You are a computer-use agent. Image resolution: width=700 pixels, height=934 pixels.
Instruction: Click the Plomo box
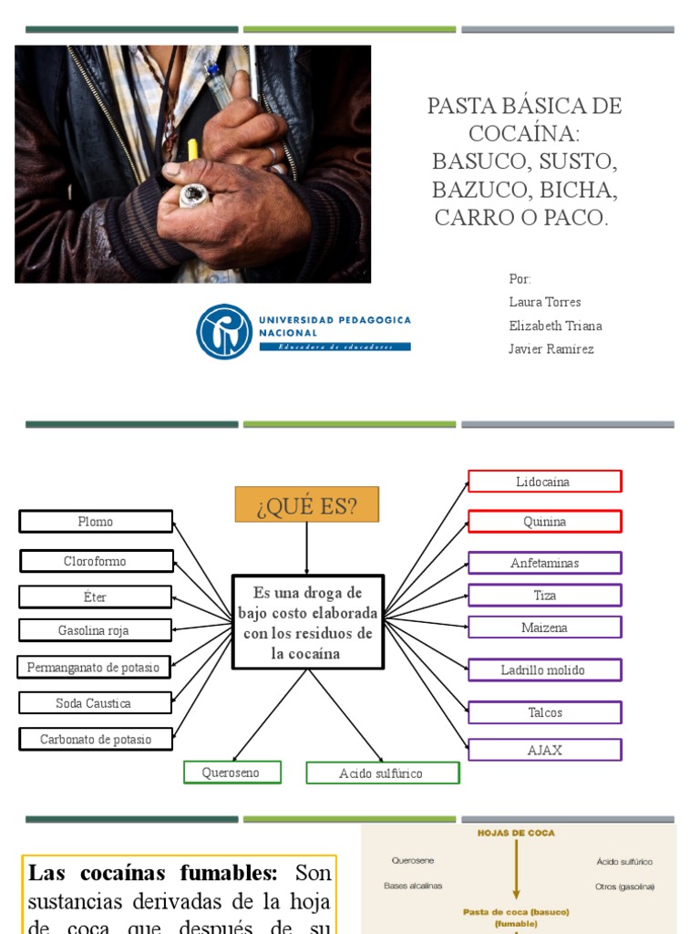click(96, 522)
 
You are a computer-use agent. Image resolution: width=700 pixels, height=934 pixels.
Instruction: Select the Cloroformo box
click(96, 561)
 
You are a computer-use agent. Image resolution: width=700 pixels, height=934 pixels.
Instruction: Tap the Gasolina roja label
click(95, 630)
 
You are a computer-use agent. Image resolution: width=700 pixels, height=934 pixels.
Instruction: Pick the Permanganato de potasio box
click(94, 668)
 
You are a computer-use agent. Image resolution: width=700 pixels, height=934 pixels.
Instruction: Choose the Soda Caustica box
click(95, 703)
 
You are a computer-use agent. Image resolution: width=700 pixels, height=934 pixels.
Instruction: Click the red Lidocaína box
click(544, 482)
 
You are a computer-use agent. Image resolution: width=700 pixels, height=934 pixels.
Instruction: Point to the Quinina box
click(544, 522)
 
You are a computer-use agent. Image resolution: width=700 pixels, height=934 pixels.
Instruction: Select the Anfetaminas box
click(544, 563)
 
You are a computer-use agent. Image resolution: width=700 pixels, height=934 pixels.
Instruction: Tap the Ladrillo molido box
click(544, 670)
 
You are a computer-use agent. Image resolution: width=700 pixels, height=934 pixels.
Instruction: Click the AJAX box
click(544, 750)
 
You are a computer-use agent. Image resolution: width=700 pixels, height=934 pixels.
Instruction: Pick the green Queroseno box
click(232, 773)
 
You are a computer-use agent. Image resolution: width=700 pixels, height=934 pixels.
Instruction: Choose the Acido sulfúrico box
click(382, 773)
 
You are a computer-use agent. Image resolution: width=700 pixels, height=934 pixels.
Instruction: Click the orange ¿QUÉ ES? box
click(306, 504)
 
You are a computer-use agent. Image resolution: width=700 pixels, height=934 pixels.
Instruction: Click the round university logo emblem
click(224, 331)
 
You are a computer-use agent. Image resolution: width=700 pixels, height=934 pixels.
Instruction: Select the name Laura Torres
click(544, 302)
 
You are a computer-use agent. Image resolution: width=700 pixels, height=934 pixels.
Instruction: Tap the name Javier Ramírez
click(551, 349)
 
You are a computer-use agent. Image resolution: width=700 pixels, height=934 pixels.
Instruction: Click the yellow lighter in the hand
click(193, 150)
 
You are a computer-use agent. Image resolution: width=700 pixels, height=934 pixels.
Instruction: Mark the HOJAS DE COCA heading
click(517, 833)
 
